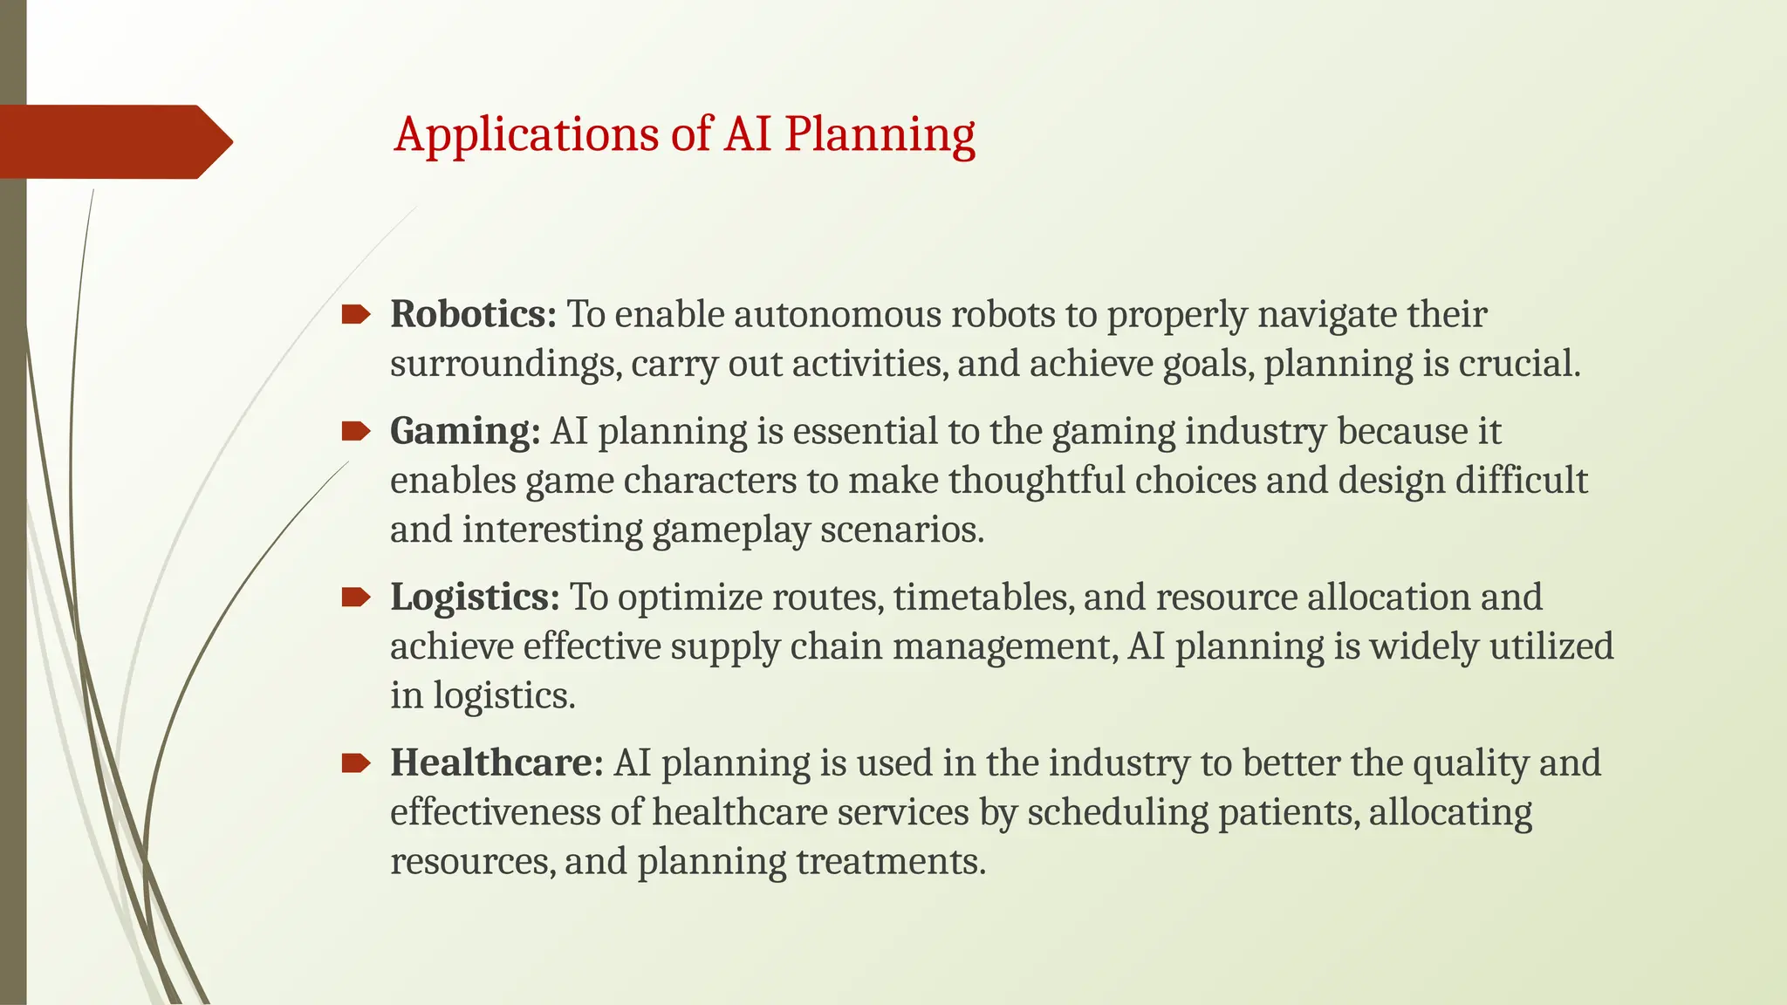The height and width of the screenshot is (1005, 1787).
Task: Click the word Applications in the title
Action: coord(526,135)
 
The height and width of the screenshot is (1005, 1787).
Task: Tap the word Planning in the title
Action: coord(879,135)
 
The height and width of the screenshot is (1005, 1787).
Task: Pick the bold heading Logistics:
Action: coord(475,597)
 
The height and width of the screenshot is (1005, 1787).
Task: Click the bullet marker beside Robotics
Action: coord(355,314)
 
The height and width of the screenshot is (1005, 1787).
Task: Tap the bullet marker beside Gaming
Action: coord(355,430)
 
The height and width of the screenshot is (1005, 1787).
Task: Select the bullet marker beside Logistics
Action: coord(355,597)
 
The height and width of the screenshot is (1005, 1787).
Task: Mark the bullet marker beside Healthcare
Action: coord(355,763)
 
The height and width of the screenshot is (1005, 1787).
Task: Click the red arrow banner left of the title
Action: coord(113,141)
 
